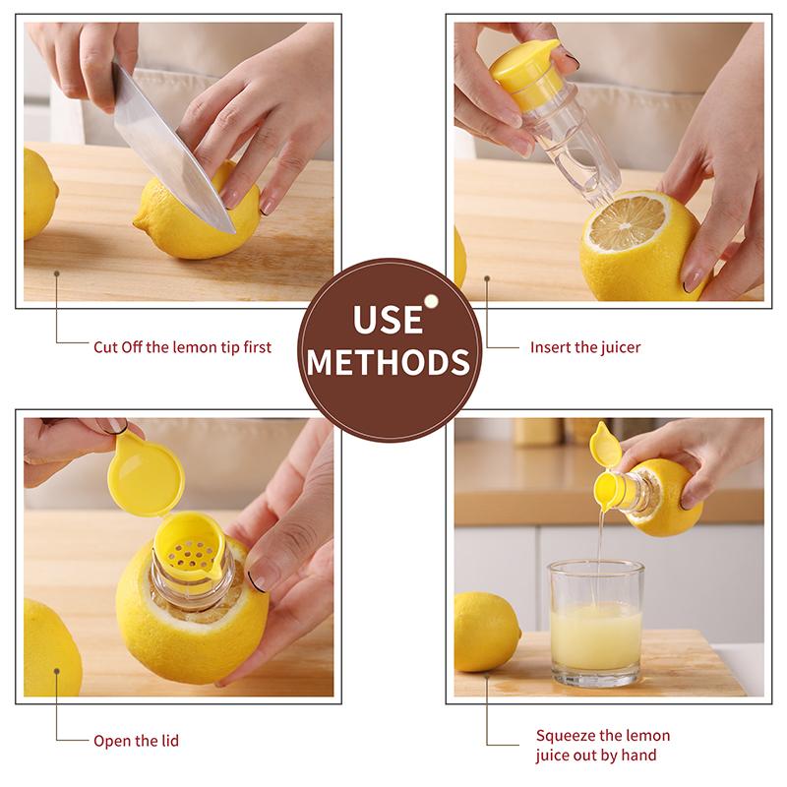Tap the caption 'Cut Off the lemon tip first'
click(x=182, y=346)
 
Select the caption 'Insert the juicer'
click(x=585, y=346)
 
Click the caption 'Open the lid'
click(x=136, y=740)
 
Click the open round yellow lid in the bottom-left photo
click(x=145, y=476)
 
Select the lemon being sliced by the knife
click(x=197, y=218)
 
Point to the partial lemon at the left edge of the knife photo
click(x=37, y=192)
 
